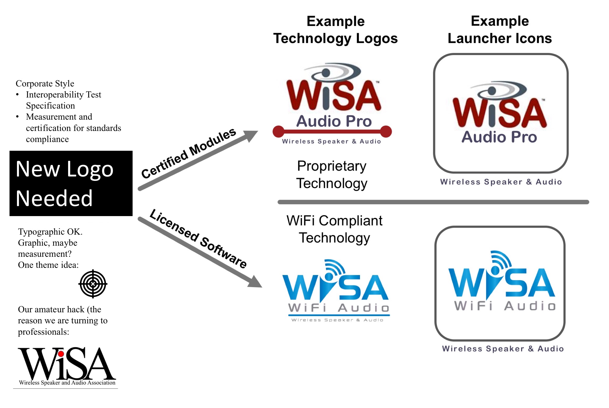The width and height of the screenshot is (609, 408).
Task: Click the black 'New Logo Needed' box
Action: coord(71,183)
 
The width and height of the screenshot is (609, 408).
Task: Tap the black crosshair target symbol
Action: coord(93,284)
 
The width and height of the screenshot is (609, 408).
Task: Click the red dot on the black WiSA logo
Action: coord(61,354)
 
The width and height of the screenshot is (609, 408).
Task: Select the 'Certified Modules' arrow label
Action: coord(188,154)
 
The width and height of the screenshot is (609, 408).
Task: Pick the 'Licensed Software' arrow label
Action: coord(198,238)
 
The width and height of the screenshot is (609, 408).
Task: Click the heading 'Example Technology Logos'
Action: coord(335,30)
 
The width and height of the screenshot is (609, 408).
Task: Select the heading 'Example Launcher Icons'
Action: coord(500,30)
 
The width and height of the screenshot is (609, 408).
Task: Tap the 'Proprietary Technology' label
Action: coord(332,175)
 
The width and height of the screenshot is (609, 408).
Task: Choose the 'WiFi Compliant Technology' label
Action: coord(334,229)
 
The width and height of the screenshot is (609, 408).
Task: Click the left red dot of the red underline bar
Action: coord(278,131)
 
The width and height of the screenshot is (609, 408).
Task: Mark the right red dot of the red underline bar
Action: coord(386,131)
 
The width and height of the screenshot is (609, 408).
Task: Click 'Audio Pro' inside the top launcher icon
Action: coord(499,137)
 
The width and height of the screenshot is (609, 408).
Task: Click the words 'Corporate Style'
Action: coord(45,84)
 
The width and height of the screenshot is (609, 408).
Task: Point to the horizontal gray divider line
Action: coord(433,202)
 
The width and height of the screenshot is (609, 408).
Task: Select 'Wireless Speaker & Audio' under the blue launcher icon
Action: coord(503,349)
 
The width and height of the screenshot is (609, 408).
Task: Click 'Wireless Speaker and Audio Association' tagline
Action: coord(67,383)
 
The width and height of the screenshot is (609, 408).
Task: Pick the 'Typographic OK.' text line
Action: coord(50,232)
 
